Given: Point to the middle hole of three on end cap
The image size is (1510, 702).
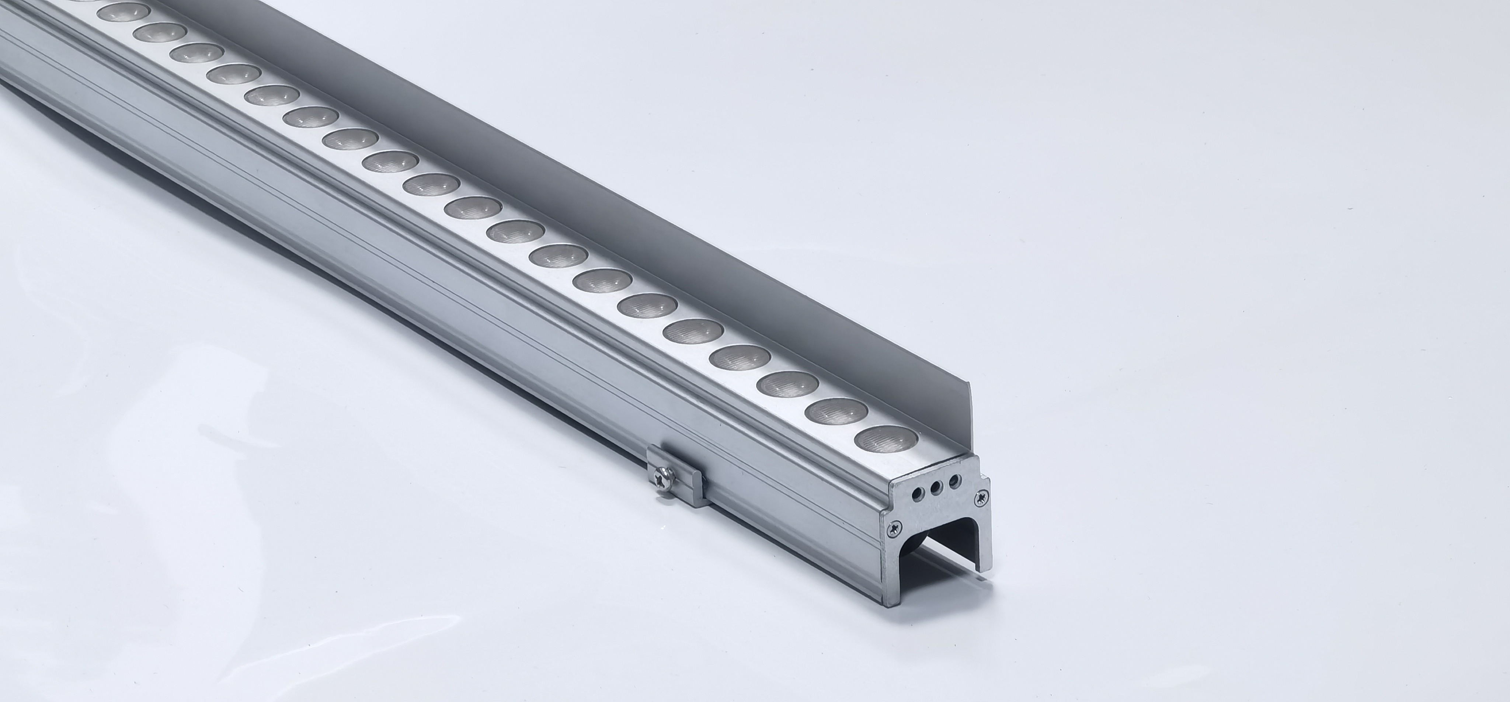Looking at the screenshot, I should tap(936, 486).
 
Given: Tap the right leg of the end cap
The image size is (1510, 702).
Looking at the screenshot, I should tap(983, 545).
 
